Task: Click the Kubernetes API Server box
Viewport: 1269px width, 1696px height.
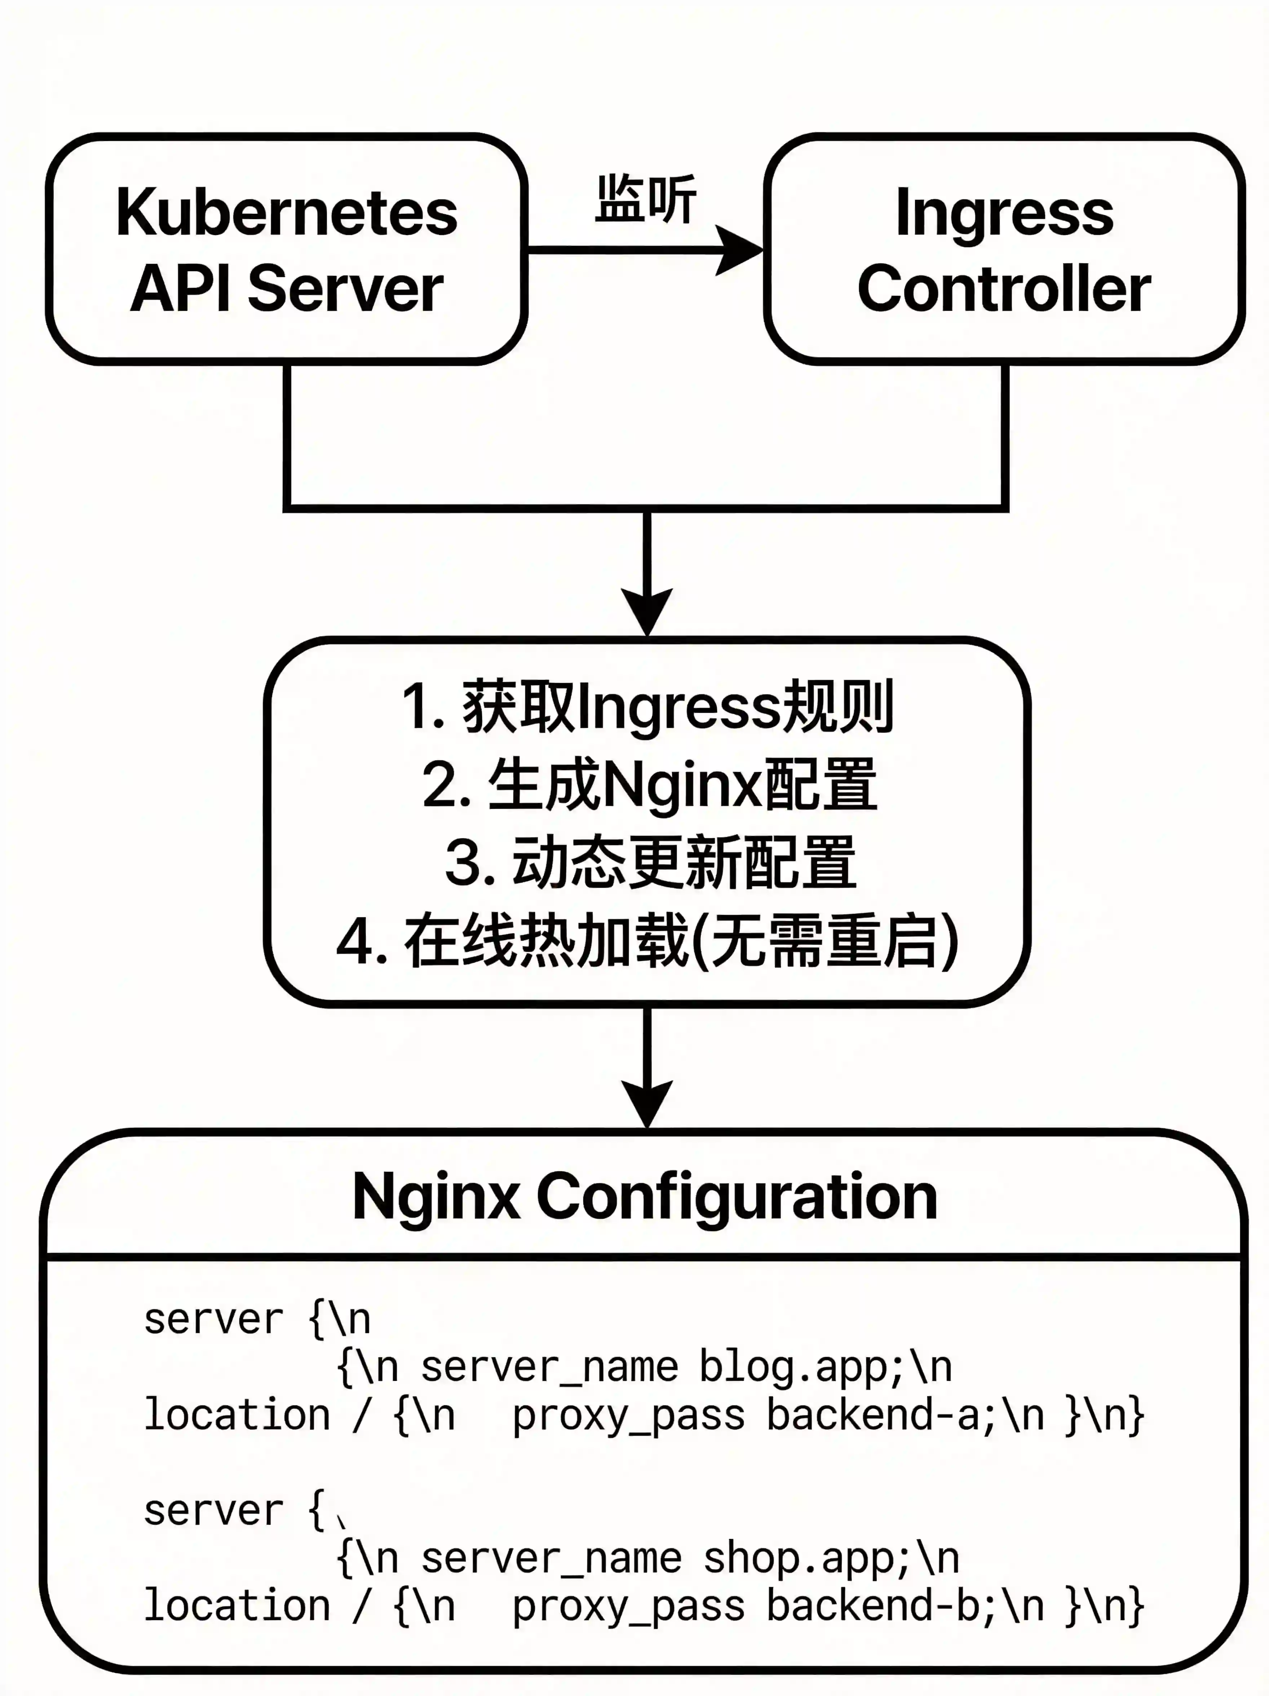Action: tap(287, 249)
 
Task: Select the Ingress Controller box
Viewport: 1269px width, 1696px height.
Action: tap(1004, 249)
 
